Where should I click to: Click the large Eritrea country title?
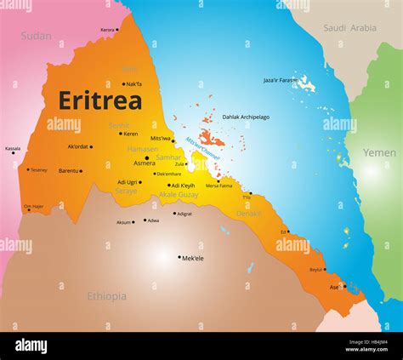pyautogui.click(x=100, y=100)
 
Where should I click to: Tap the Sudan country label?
pyautogui.click(x=36, y=37)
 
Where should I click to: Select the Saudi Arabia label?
pyautogui.click(x=349, y=28)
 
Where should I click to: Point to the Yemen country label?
pyautogui.click(x=379, y=153)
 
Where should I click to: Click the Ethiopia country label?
pyautogui.click(x=106, y=296)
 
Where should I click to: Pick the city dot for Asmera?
pyautogui.click(x=146, y=157)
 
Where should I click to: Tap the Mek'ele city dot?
pyautogui.click(x=179, y=257)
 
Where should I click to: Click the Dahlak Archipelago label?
pyautogui.click(x=246, y=117)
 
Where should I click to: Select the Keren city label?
pyautogui.click(x=130, y=134)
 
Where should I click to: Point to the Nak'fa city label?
pyautogui.click(x=133, y=84)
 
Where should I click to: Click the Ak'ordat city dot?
pyautogui.click(x=91, y=146)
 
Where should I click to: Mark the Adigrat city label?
pyautogui.click(x=184, y=214)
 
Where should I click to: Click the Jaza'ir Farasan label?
pyautogui.click(x=281, y=80)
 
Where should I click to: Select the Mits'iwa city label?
pyautogui.click(x=161, y=138)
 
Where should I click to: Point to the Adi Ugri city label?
pyautogui.click(x=128, y=182)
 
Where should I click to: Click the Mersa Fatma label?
pyautogui.click(x=219, y=186)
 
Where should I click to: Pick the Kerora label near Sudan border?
pyautogui.click(x=107, y=30)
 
